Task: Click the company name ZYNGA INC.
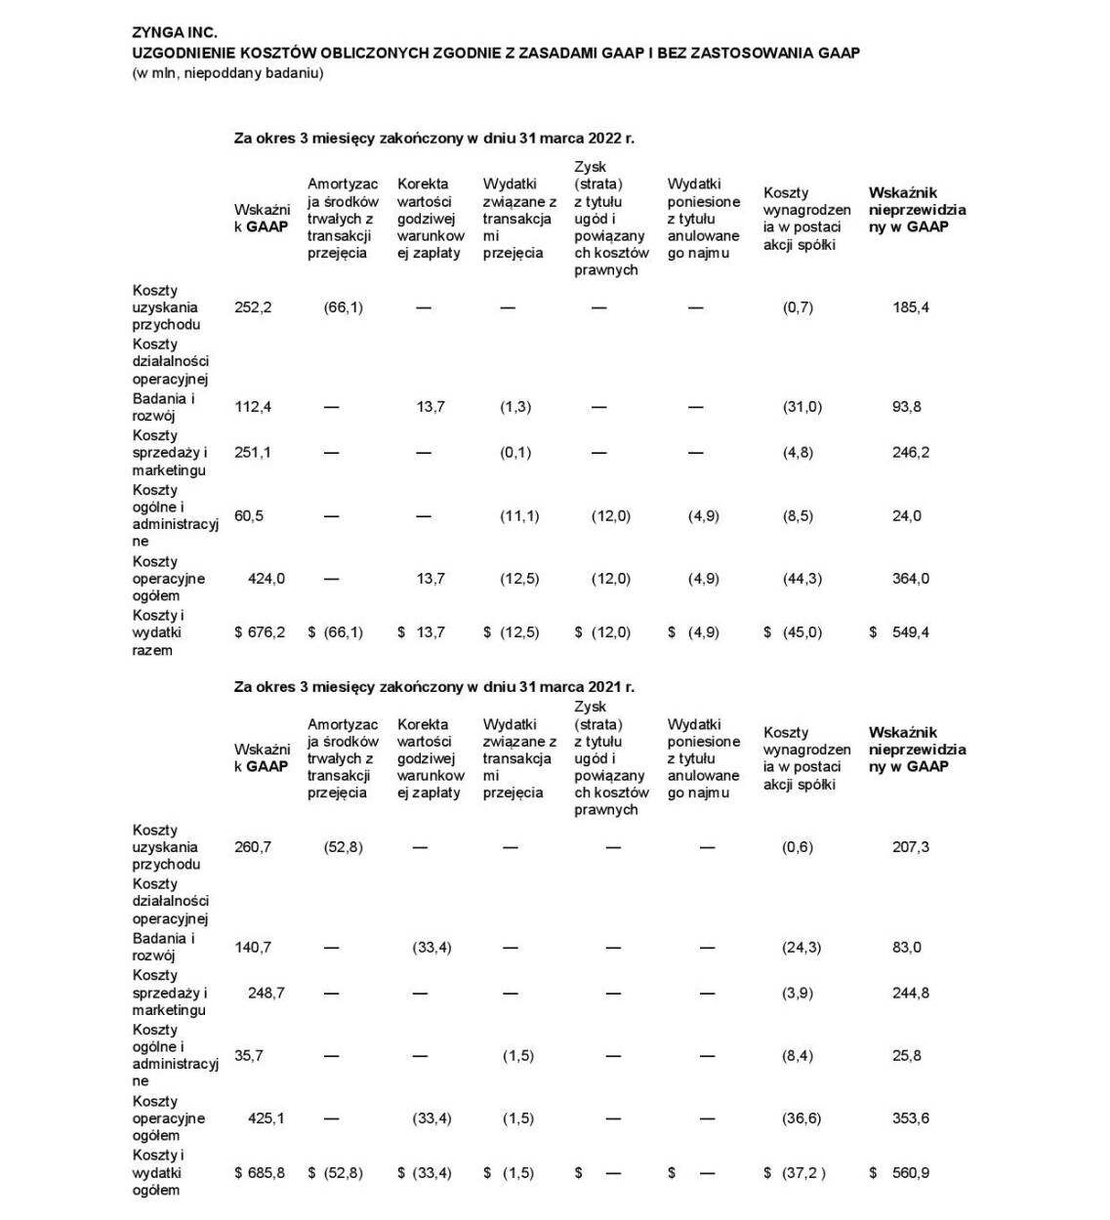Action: click(x=175, y=33)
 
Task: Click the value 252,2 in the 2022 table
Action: click(x=253, y=307)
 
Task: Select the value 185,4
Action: click(x=910, y=307)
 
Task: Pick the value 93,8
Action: click(x=906, y=407)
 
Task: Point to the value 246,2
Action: click(x=910, y=453)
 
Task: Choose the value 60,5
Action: click(x=249, y=516)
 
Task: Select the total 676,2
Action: click(x=266, y=632)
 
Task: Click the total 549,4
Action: click(x=910, y=632)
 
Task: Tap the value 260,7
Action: click(x=253, y=847)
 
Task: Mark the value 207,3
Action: click(x=910, y=847)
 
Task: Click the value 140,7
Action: click(x=253, y=948)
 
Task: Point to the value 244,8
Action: click(x=910, y=994)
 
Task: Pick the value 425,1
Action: click(x=266, y=1118)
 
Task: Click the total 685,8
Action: click(x=266, y=1173)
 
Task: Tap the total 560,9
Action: click(x=910, y=1173)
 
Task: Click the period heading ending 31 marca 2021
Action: click(x=433, y=687)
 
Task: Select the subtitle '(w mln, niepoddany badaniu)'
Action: click(x=227, y=73)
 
